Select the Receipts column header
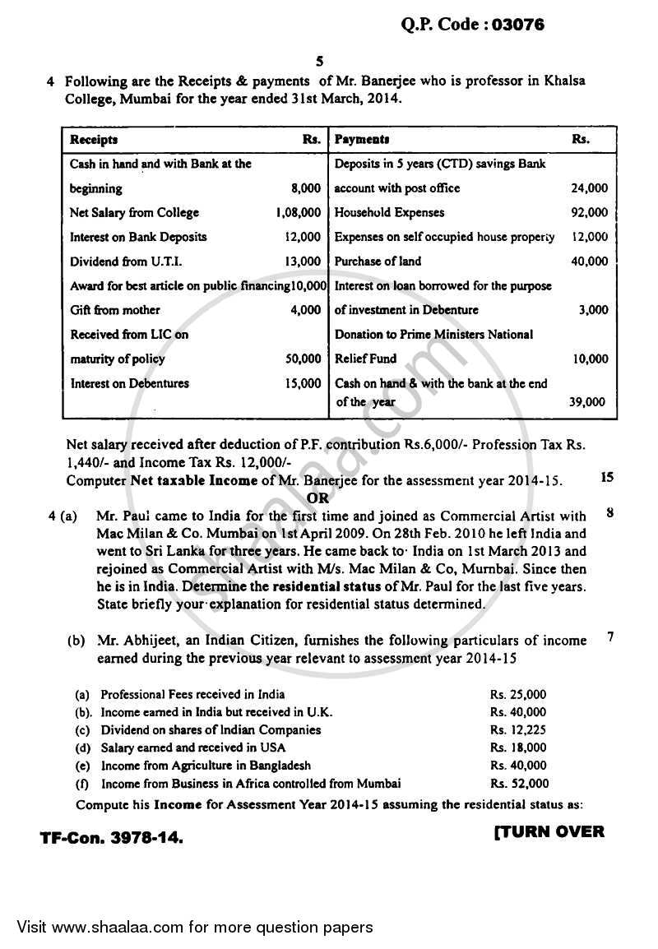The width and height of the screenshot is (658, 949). (x=94, y=140)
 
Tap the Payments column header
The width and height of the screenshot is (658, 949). (x=362, y=140)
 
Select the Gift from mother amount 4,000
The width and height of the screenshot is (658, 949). (x=308, y=310)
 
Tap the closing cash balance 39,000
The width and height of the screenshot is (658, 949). (x=586, y=402)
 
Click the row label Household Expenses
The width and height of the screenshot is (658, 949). (x=389, y=213)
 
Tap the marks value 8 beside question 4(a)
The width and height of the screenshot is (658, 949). (x=609, y=513)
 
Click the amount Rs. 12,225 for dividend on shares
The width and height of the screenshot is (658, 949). (x=518, y=729)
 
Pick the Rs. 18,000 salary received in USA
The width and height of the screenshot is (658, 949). (x=518, y=748)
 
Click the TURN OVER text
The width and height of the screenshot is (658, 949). (x=549, y=831)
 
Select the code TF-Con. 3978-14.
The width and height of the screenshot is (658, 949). (x=112, y=838)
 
